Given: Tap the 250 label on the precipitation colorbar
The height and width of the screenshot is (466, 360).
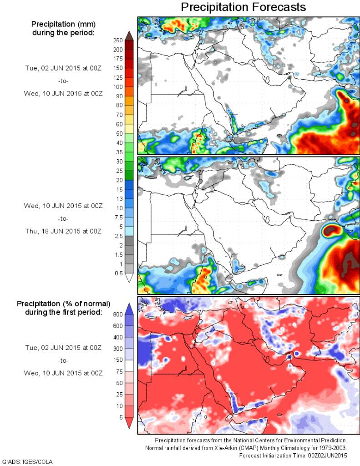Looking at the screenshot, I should [x=118, y=40].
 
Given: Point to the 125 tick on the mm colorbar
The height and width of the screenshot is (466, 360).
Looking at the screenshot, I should [x=118, y=77].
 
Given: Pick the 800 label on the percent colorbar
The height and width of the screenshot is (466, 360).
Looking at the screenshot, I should [x=118, y=314].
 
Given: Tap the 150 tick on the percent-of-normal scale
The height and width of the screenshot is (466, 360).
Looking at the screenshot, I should [x=118, y=360].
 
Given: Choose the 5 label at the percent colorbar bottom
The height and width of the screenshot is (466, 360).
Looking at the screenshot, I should [x=120, y=417].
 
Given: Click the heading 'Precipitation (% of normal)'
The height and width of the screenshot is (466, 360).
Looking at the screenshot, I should [x=64, y=304].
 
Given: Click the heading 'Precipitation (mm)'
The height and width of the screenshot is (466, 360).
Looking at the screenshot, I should [x=63, y=24].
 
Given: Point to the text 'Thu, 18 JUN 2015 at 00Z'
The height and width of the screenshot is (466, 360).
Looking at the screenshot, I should [x=63, y=231].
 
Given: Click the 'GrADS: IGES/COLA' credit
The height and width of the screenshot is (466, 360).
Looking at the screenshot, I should [x=27, y=461].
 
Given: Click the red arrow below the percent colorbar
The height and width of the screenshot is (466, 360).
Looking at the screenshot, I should [x=129, y=423].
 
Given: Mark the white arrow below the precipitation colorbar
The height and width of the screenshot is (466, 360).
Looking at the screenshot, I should [x=129, y=278].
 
